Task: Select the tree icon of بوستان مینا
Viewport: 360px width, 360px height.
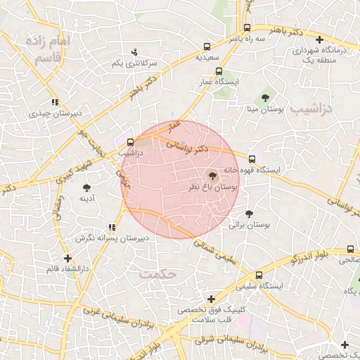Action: click(265, 98)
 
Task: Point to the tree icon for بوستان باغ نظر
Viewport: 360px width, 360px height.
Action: click(213, 176)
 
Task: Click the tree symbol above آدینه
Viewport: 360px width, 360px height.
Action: click(86, 188)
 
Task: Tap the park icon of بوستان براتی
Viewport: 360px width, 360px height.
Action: click(249, 214)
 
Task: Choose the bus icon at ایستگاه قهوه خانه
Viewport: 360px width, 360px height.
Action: click(252, 158)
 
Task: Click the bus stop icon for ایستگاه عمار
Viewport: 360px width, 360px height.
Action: click(219, 71)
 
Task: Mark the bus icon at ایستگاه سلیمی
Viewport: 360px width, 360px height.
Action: click(259, 275)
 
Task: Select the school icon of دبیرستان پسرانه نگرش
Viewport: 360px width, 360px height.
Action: click(112, 227)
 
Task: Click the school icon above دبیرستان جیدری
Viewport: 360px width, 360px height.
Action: click(55, 102)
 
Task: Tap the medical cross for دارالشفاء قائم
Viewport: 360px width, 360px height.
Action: click(67, 258)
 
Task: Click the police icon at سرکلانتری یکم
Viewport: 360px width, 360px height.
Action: click(134, 52)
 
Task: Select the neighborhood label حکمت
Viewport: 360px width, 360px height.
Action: click(156, 273)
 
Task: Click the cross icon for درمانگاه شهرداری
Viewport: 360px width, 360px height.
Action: click(320, 40)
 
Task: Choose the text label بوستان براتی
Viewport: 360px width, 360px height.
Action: click(250, 226)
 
